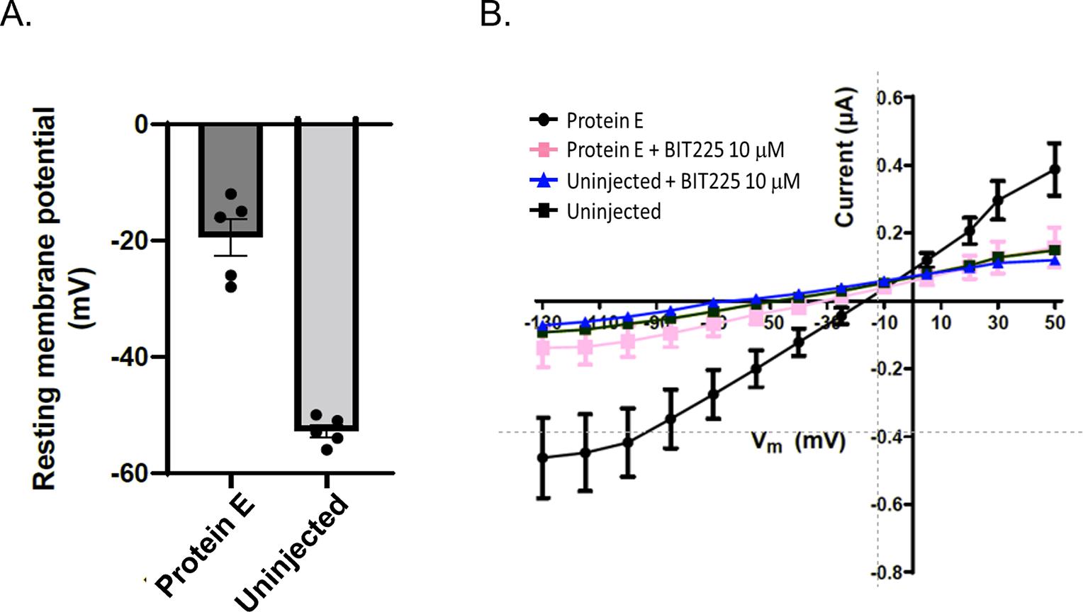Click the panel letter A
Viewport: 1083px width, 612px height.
pos(16,14)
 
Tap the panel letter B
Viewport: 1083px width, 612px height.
pos(495,14)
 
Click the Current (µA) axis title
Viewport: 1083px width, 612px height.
pos(845,157)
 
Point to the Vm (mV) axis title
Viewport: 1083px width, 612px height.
pos(798,442)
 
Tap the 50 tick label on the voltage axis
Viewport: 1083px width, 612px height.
pos(1055,323)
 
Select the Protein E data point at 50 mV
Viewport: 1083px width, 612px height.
pos(1055,169)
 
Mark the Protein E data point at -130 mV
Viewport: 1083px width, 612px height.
pos(543,458)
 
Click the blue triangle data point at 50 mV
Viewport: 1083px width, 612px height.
pos(1055,261)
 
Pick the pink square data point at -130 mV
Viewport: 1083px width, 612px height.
pos(544,348)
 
